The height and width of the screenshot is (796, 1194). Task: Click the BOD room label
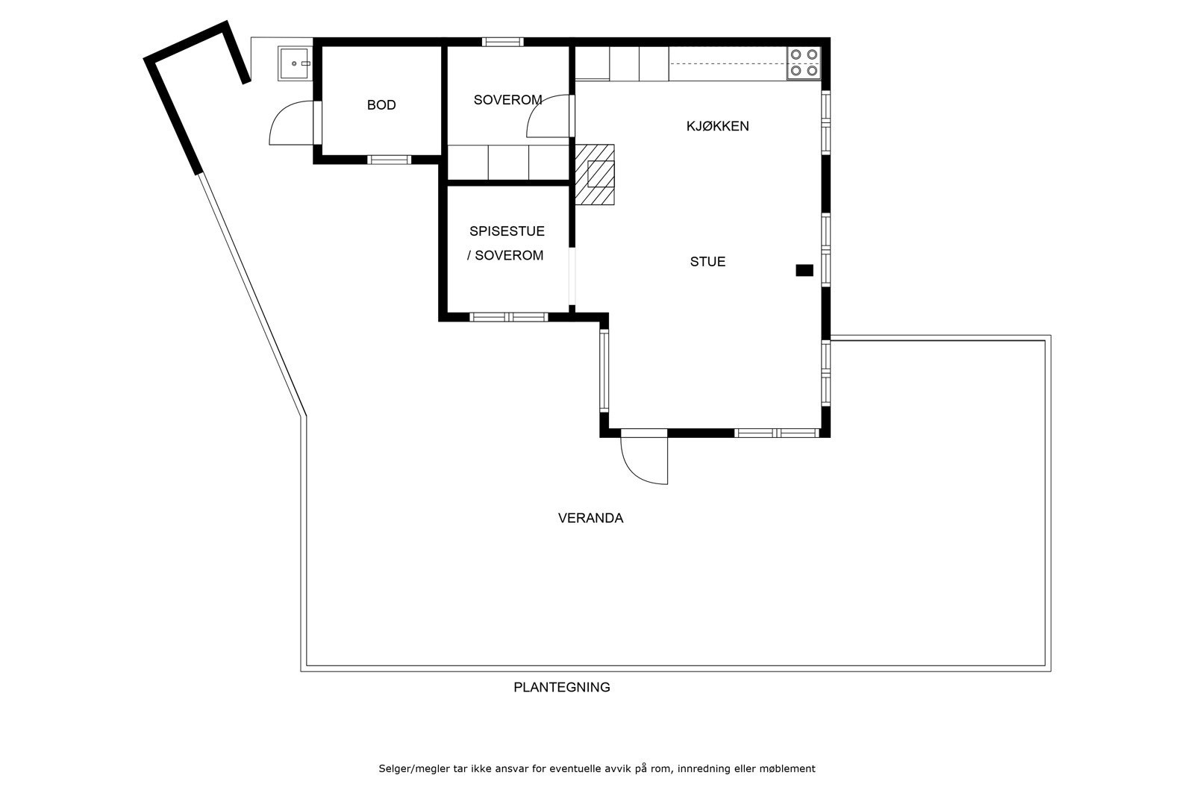pos(381,105)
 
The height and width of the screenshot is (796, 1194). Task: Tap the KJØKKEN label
pos(717,126)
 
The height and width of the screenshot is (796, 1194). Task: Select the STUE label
pos(707,262)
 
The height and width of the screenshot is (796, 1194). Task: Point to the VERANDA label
pos(590,518)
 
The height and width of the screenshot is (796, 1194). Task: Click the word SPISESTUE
pos(507,231)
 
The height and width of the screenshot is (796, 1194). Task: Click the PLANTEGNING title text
pos(562,687)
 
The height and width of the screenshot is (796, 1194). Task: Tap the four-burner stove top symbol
pos(804,63)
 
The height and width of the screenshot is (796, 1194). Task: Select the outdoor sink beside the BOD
pos(294,63)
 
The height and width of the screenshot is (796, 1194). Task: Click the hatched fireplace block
pos(594,175)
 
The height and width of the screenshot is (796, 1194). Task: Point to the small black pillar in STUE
pos(804,270)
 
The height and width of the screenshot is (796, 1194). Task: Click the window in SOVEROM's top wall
pos(503,42)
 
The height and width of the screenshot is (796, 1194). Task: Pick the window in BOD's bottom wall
pos(389,160)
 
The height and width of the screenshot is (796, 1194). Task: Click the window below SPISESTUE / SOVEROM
pos(508,317)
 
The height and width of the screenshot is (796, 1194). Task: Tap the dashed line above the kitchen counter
pos(728,64)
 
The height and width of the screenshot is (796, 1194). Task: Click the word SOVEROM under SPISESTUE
pos(509,256)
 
